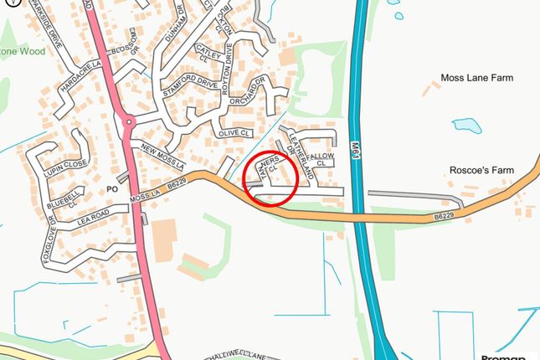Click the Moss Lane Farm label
(x=476, y=78)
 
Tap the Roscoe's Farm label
(x=480, y=170)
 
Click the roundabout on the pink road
(x=129, y=122)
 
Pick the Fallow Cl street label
(x=320, y=158)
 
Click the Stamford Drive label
(x=192, y=85)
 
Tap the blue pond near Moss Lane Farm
(x=467, y=126)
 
